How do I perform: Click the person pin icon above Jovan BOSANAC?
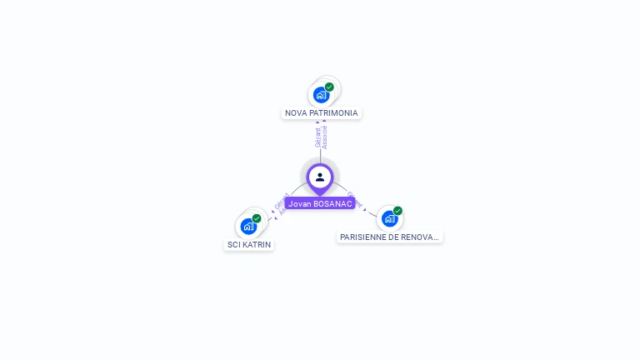pos(320,177)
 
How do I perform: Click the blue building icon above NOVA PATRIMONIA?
pos(322,95)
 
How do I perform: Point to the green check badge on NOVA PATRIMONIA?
pos(329,87)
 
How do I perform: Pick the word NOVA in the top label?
pos(296,113)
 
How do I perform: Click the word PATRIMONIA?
pos(333,113)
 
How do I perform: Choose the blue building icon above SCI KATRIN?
pos(248,226)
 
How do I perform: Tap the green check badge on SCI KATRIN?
pos(257,218)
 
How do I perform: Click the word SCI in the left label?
pos(233,245)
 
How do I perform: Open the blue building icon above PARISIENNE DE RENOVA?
pos(389,219)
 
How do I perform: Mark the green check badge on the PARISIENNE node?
pos(397,211)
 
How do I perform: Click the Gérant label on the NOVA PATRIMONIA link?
pos(317,137)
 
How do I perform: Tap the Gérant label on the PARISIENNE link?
pos(355,199)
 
